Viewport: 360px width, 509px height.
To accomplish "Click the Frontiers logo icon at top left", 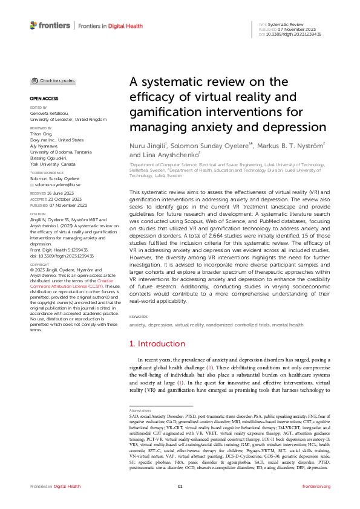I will coord(34,26).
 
